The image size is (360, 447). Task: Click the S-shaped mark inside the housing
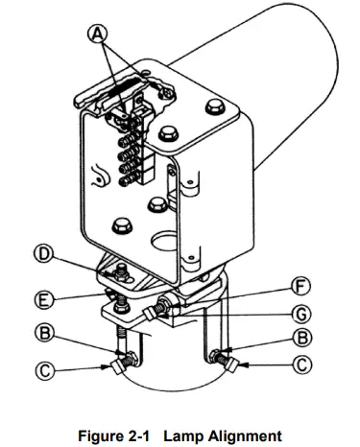(96, 176)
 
